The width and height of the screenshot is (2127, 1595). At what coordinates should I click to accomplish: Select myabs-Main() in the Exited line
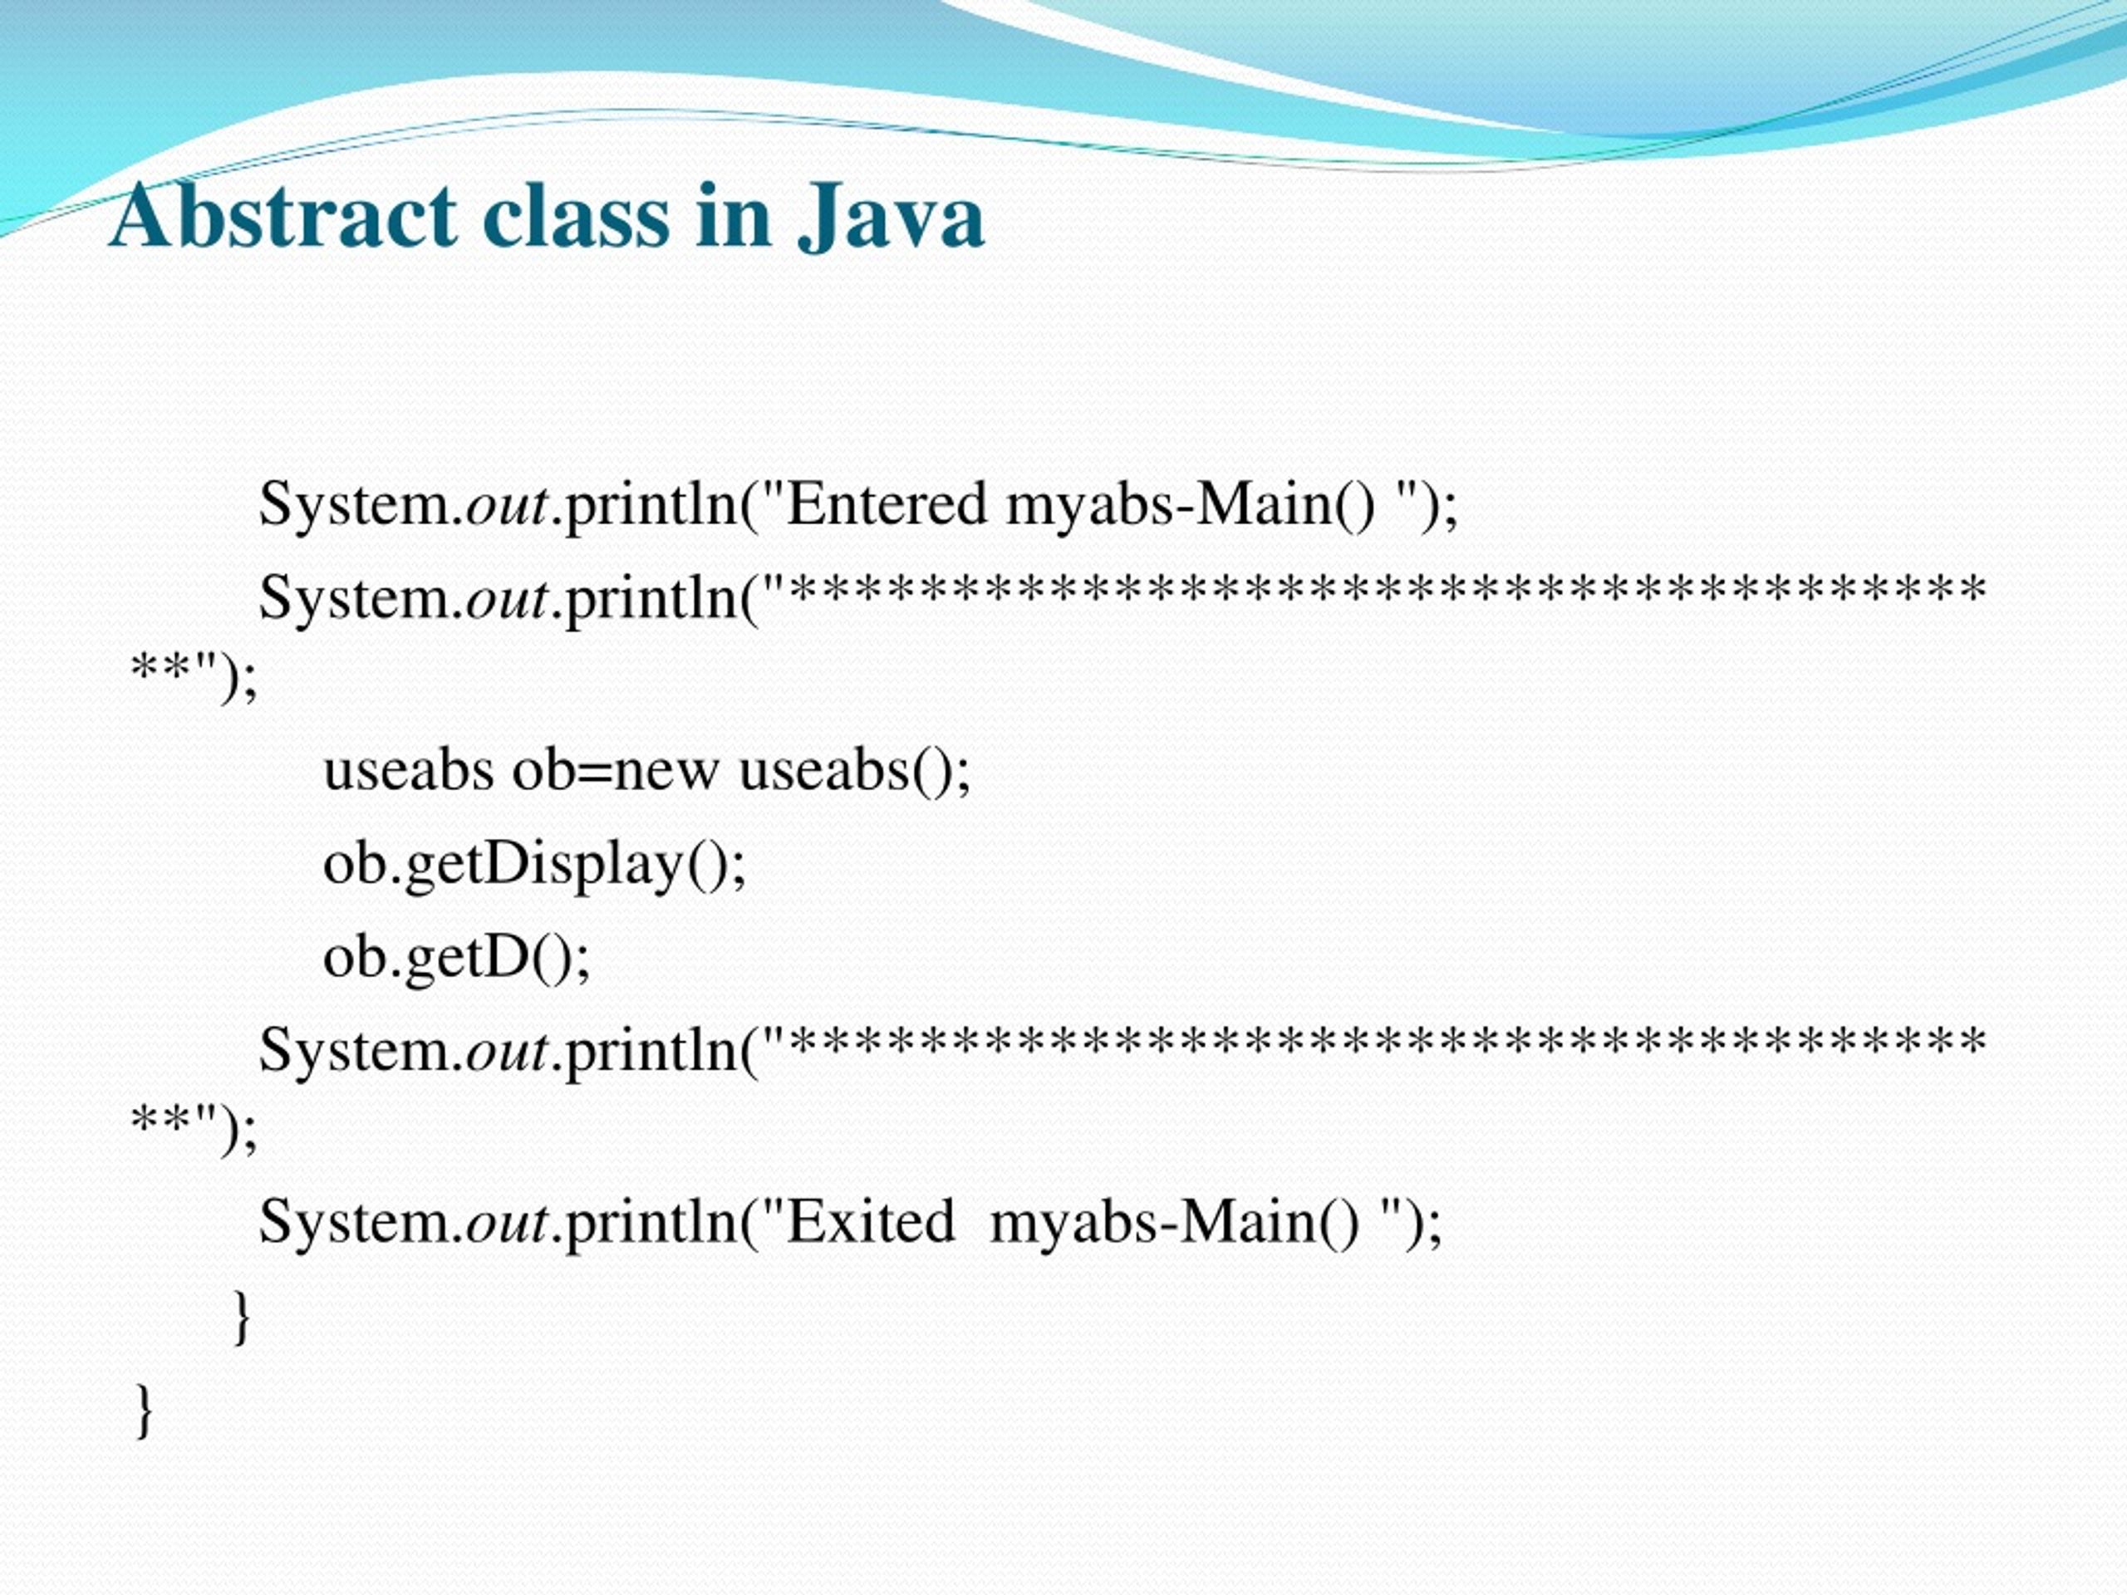1174,1222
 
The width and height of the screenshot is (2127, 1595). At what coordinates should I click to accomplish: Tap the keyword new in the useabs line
666,771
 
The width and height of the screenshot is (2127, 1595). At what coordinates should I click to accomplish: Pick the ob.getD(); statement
457,957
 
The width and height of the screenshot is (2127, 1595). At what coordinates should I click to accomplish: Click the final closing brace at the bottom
142,1411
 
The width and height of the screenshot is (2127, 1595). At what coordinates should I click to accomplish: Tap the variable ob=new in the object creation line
616,771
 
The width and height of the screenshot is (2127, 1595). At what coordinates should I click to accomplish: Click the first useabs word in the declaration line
408,771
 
